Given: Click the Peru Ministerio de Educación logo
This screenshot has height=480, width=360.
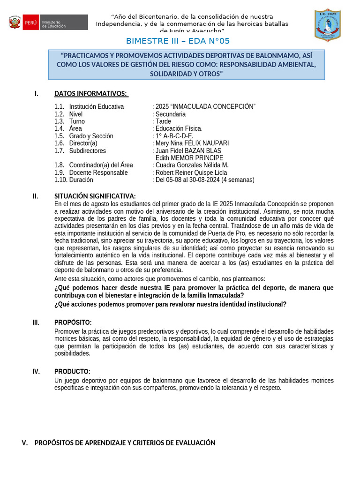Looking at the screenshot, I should tap(48, 22).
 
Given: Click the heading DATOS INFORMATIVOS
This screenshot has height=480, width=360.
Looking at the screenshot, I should tap(90, 94).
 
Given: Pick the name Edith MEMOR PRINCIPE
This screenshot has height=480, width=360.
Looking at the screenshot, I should tap(189, 158).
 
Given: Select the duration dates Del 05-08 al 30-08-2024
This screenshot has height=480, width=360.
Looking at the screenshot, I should tap(205, 180).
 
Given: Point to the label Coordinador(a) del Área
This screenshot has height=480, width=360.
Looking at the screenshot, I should tap(101, 165).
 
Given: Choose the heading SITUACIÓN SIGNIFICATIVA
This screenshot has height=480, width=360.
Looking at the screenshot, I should tap(95, 196).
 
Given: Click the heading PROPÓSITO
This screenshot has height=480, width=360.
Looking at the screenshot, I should tap(73, 322).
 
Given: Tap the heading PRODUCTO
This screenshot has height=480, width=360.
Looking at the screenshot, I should tap(72, 371).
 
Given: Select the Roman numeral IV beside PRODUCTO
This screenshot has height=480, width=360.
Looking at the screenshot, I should tap(36, 371).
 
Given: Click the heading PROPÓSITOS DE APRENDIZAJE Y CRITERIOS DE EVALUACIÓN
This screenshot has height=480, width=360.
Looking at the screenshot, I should tap(125, 442).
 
